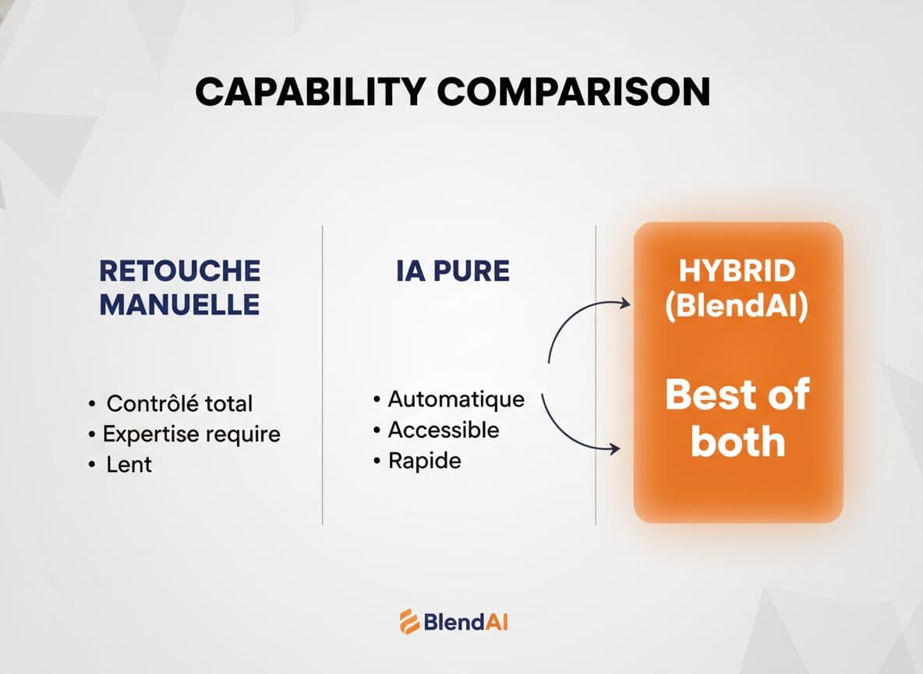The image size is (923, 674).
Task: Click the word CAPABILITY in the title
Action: coord(309,93)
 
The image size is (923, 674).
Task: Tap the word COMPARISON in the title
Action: coord(574,93)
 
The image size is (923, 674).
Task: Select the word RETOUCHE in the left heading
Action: coord(179,271)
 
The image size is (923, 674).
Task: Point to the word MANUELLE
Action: coord(179,304)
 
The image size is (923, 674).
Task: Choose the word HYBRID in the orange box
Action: coord(737,271)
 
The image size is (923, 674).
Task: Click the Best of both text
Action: coord(737,418)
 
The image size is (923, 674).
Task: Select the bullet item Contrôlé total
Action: coord(179,403)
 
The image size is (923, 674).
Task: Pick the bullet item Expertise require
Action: coord(191,434)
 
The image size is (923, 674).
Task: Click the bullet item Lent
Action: coord(129,465)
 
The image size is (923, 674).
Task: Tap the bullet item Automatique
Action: coord(456,399)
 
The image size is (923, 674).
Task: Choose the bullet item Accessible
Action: coord(444,430)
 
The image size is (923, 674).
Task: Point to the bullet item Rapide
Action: coord(425,461)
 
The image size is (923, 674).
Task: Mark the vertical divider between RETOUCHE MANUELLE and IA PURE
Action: coord(323,374)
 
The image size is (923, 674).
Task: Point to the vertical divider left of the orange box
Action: coord(596,374)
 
